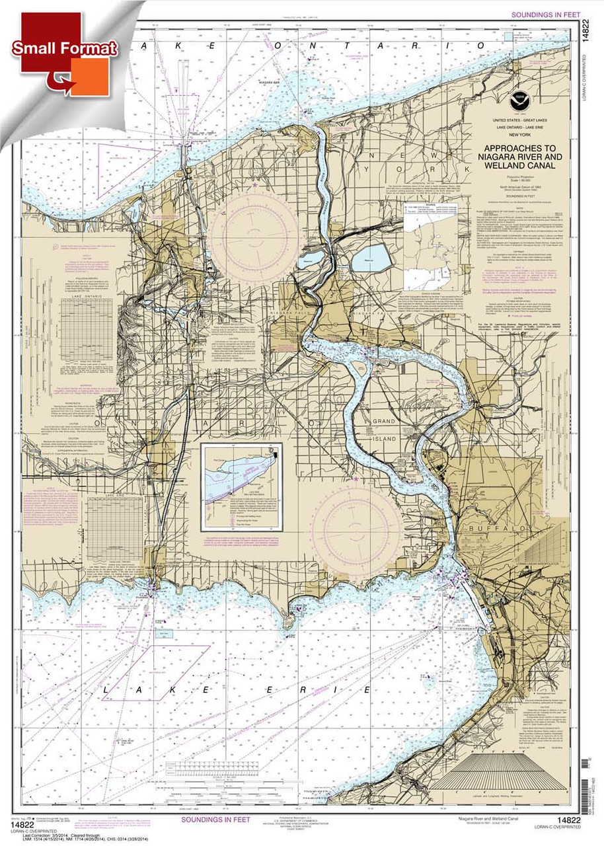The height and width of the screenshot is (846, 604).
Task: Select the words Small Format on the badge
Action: click(64, 48)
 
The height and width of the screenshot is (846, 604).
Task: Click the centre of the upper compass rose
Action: click(254, 230)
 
